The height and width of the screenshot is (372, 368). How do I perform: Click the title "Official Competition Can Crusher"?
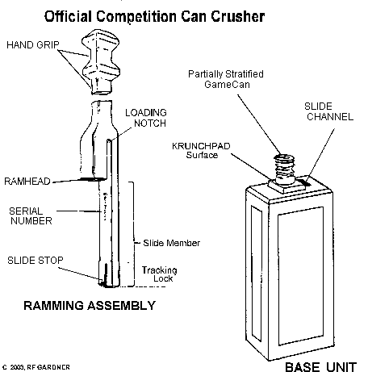point(154,17)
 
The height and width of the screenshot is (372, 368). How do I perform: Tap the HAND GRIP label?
point(33,44)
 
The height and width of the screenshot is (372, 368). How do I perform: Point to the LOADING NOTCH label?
point(146,118)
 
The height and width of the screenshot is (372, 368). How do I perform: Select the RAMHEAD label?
point(27,182)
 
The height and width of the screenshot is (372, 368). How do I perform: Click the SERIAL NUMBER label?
point(31,216)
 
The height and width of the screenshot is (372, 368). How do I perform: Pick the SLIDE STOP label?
point(36,261)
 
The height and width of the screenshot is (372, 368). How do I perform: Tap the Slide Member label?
point(172,243)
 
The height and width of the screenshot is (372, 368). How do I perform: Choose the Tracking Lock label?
point(160,274)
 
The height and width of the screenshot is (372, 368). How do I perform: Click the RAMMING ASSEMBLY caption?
point(90,306)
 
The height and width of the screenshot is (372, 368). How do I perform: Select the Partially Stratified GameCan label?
point(226,79)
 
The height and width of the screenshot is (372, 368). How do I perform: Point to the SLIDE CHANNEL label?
point(328,111)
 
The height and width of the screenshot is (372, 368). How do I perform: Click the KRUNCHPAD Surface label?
point(201,150)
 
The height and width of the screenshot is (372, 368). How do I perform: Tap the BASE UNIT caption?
point(320,367)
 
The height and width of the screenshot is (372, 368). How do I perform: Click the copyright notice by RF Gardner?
point(36,367)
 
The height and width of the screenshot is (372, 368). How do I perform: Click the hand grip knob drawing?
point(101,62)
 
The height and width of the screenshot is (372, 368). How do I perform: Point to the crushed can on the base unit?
point(284,169)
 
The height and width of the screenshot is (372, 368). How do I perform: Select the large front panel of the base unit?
point(301,276)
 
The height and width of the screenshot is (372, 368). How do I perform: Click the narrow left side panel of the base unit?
point(257,274)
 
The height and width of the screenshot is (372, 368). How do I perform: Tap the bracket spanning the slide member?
point(133,234)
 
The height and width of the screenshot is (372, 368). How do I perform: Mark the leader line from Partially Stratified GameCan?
point(260,124)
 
